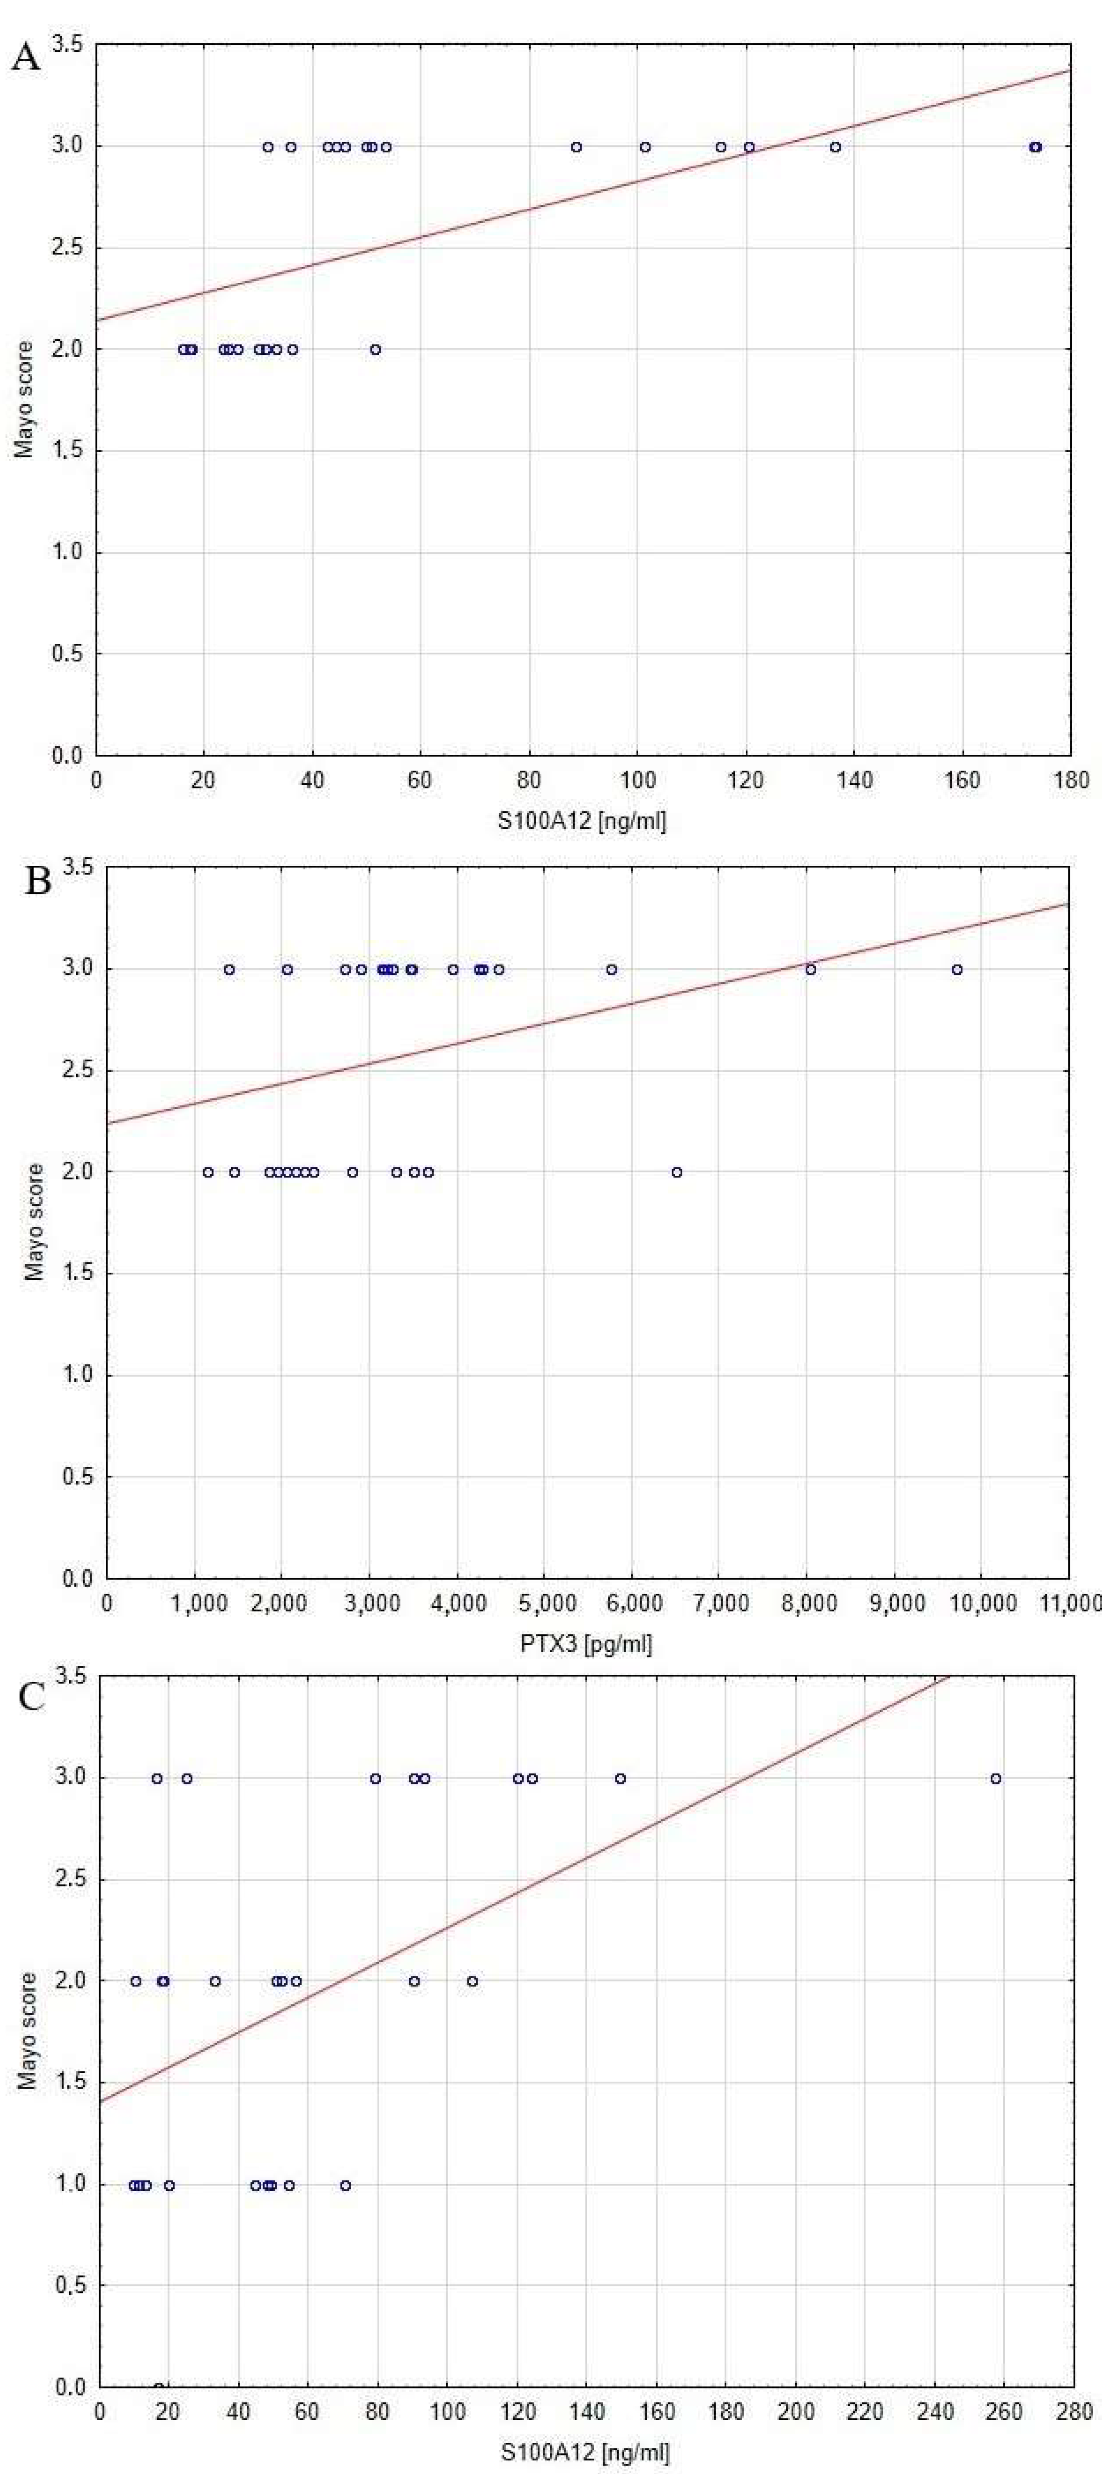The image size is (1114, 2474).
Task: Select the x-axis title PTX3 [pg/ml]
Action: [x=586, y=1643]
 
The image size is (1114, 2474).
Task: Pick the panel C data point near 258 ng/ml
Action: [x=996, y=1779]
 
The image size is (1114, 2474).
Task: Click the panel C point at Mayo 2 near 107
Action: [x=471, y=1980]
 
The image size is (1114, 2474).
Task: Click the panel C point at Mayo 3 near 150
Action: [x=620, y=1779]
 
